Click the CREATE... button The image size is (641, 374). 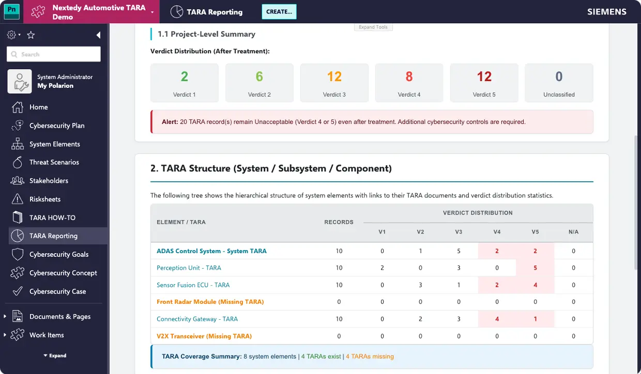click(x=279, y=12)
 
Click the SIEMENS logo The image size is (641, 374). click(x=607, y=12)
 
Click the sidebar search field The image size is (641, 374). click(x=54, y=54)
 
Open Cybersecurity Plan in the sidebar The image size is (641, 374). click(x=57, y=126)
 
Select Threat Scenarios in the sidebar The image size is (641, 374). click(x=54, y=162)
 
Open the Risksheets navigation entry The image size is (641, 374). click(x=45, y=199)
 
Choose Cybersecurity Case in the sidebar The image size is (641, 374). click(x=57, y=291)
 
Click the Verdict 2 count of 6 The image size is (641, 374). click(x=260, y=76)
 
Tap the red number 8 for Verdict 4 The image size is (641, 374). click(x=409, y=76)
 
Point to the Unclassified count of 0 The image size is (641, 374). click(x=559, y=76)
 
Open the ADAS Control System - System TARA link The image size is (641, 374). click(x=211, y=251)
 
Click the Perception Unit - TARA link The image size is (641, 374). click(x=189, y=268)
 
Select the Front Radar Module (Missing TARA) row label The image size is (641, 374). click(x=210, y=302)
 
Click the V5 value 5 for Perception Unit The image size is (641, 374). click(x=535, y=268)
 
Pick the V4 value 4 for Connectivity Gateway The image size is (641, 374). click(x=497, y=319)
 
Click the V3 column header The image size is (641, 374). click(x=459, y=231)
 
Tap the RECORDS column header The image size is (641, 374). click(x=339, y=222)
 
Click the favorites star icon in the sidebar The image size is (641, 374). click(x=30, y=35)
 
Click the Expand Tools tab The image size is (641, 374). click(x=373, y=27)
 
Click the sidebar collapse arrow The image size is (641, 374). click(x=98, y=35)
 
